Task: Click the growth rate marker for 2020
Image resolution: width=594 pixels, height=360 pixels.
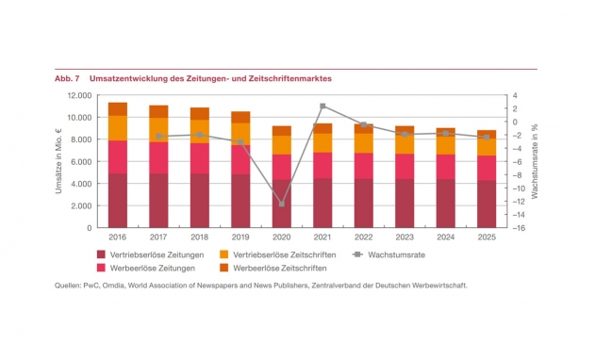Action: point(282,205)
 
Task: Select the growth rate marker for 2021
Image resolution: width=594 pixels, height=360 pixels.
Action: point(322,106)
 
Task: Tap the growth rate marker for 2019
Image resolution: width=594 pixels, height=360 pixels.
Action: point(240,142)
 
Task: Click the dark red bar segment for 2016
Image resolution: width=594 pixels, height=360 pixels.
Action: point(118,201)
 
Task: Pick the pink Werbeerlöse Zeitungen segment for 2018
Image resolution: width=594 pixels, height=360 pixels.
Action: point(200,158)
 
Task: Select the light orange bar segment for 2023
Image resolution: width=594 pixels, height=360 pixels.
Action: point(404,143)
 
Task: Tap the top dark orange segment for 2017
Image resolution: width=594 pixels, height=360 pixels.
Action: point(158,111)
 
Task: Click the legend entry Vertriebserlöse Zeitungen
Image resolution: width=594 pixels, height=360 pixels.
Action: point(151,254)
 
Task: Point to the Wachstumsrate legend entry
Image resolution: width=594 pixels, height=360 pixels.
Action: point(388,254)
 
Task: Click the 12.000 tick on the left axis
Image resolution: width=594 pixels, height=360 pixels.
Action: point(79,95)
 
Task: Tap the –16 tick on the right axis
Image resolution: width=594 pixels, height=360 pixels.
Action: point(519,228)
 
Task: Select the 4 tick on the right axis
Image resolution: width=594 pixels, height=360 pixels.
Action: point(515,95)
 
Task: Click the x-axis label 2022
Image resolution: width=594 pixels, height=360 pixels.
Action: point(364,237)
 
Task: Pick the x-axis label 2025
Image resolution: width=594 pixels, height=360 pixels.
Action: point(487,237)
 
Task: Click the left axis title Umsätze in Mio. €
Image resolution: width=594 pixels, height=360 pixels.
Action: point(58,161)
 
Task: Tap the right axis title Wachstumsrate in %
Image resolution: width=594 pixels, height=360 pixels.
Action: point(535,161)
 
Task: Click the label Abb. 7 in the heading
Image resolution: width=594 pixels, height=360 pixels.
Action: point(67,79)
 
